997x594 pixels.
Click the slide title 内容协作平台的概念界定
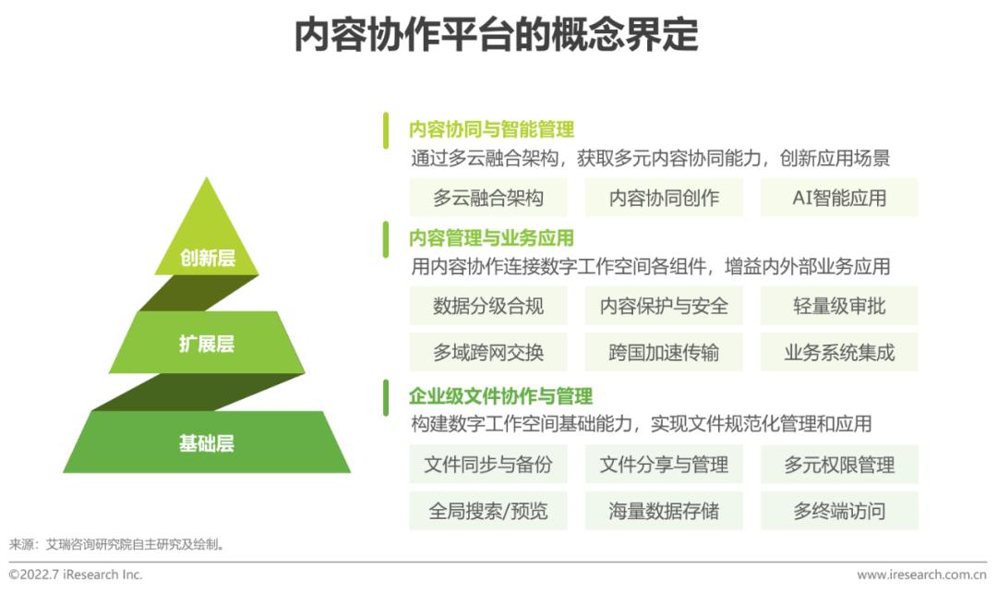(x=497, y=34)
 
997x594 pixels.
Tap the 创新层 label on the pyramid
(x=208, y=258)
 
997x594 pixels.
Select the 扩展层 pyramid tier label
(x=207, y=344)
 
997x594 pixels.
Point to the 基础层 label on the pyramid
(x=207, y=442)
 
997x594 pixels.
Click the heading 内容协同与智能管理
(x=491, y=129)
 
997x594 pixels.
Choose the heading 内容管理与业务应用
(x=491, y=237)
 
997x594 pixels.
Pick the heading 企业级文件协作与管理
(x=501, y=396)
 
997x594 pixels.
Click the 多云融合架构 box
(x=488, y=198)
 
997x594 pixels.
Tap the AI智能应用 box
(x=839, y=198)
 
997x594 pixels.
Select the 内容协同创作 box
(x=664, y=198)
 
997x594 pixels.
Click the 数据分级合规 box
(x=488, y=306)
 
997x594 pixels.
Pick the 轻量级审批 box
(x=839, y=306)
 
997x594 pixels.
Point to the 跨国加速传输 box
(x=664, y=352)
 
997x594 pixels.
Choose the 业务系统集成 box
(x=839, y=352)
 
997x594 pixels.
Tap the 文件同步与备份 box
(x=488, y=465)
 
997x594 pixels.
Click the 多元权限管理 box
(x=839, y=465)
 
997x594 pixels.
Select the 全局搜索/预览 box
(x=488, y=511)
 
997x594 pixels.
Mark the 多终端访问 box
(x=839, y=511)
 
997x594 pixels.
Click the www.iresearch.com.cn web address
(x=922, y=575)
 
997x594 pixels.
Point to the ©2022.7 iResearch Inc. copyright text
(x=76, y=575)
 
